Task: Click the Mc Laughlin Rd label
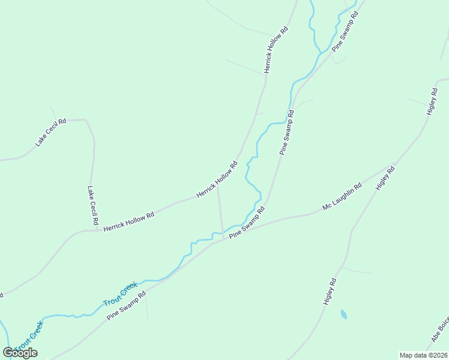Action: [342, 197]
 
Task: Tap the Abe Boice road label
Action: [440, 330]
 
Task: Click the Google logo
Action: [20, 352]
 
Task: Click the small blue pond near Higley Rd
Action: [343, 314]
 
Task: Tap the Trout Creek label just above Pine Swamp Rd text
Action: [120, 293]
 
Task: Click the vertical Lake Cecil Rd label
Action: [92, 205]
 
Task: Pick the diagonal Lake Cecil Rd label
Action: [50, 132]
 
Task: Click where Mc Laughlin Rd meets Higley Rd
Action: [394, 164]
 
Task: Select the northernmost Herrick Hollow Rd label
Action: [276, 50]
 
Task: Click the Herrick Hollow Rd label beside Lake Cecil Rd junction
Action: [128, 221]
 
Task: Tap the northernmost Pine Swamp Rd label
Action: [346, 33]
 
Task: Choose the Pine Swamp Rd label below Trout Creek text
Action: [126, 305]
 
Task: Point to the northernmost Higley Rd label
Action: [432, 101]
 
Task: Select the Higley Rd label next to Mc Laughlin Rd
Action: [386, 178]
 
